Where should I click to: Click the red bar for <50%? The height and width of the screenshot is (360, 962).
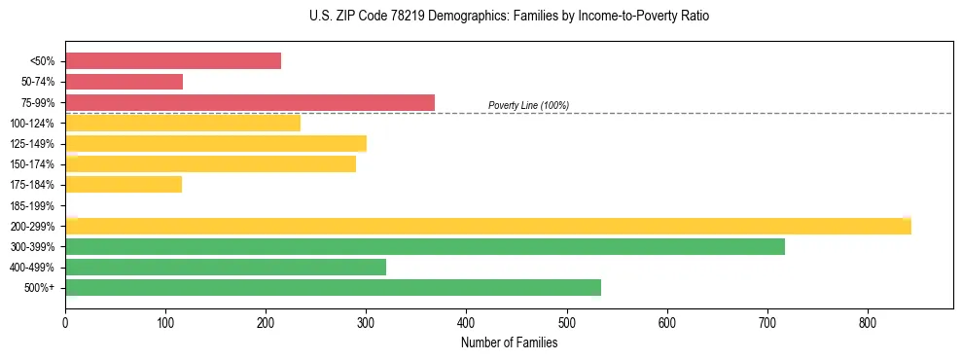coord(173,61)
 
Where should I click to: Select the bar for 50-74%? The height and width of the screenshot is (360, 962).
coord(124,82)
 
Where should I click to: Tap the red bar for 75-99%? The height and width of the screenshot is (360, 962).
coord(250,102)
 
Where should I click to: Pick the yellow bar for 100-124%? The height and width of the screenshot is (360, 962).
coord(183,123)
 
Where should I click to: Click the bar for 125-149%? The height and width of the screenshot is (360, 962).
coord(216,144)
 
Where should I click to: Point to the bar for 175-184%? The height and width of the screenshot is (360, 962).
coord(124,185)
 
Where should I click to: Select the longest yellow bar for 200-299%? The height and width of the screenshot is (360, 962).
coord(488,226)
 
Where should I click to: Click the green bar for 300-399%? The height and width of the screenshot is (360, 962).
coord(425,246)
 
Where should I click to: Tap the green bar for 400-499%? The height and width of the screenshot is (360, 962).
coord(226,267)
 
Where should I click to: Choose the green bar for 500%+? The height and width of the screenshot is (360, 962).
coord(333,287)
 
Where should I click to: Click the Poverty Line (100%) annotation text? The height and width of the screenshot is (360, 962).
coord(528,105)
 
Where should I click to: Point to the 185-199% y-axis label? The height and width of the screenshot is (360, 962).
coord(32,205)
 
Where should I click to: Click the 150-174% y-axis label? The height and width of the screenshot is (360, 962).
coord(32,164)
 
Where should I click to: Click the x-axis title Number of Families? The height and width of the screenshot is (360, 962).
coord(509,342)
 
